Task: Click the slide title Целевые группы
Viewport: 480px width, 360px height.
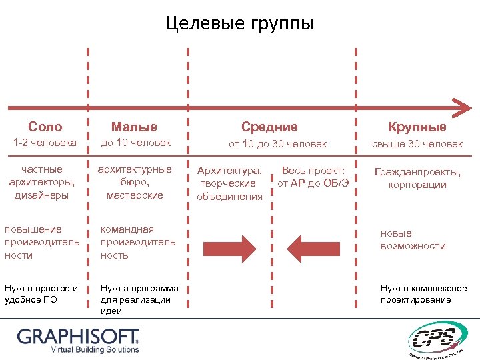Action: pyautogui.click(x=239, y=25)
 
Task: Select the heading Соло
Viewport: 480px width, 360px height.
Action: pyautogui.click(x=45, y=127)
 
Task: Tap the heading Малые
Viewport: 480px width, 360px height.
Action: pyautogui.click(x=134, y=127)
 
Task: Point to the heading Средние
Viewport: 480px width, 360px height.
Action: pyautogui.click(x=269, y=127)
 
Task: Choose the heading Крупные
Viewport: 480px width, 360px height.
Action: pyautogui.click(x=417, y=127)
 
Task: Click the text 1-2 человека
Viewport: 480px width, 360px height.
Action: pyautogui.click(x=45, y=143)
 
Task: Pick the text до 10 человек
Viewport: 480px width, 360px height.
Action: pyautogui.click(x=136, y=143)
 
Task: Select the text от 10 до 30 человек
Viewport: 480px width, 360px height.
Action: pyautogui.click(x=278, y=143)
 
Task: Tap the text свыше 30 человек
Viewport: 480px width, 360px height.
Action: pyautogui.click(x=417, y=143)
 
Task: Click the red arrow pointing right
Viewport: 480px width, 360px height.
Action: pyautogui.click(x=229, y=247)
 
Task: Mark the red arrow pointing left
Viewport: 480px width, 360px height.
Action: pyautogui.click(x=314, y=247)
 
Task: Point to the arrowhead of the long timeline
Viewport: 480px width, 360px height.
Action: pyautogui.click(x=461, y=106)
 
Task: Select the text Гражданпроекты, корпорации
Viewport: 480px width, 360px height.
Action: pyautogui.click(x=417, y=178)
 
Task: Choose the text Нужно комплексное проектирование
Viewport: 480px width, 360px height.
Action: pyautogui.click(x=423, y=294)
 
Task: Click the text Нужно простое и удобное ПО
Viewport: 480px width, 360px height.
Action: pyautogui.click(x=41, y=294)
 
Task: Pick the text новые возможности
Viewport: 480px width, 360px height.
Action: pyautogui.click(x=413, y=240)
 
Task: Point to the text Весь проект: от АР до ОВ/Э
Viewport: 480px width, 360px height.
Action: pyautogui.click(x=313, y=177)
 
